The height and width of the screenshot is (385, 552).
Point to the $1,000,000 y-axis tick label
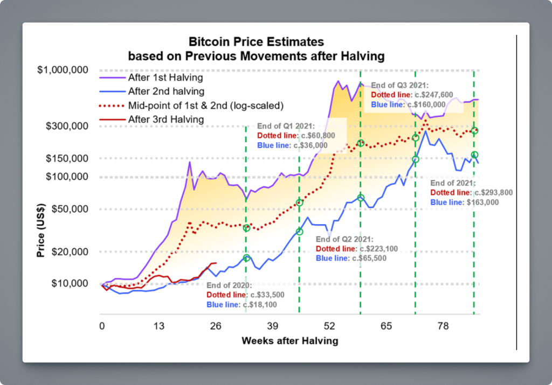tap(67, 71)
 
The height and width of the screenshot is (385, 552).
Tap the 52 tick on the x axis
tap(329, 326)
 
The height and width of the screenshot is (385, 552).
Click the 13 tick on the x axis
tap(158, 326)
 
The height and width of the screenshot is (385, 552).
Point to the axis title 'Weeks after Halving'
tap(289, 340)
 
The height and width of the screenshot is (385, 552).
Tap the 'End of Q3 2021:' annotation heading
tap(400, 85)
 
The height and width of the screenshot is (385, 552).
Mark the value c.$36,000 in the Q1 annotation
tap(308, 145)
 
